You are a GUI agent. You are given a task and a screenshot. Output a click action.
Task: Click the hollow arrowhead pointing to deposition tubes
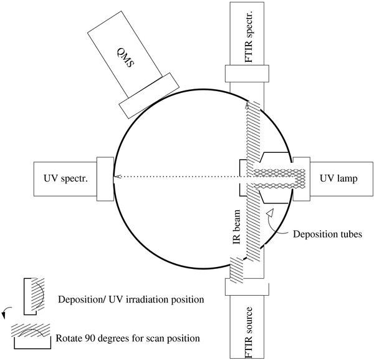pos(270,215)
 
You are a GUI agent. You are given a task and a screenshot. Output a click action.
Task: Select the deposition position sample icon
pos(32,296)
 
